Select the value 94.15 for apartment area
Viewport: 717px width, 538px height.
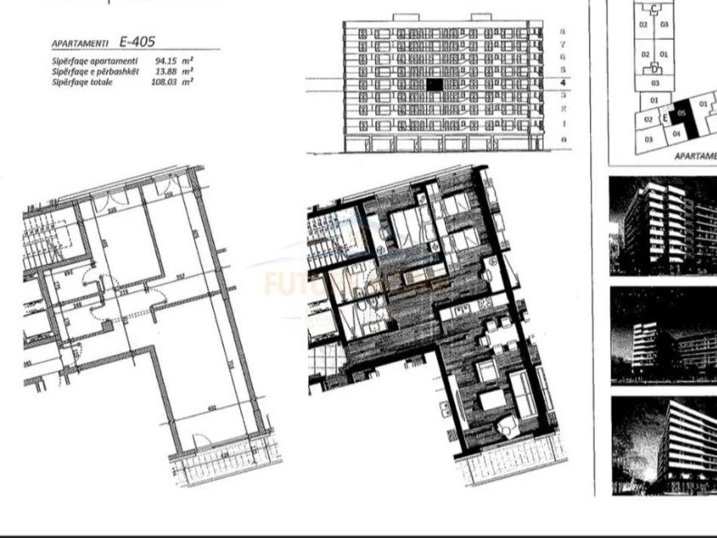pos(165,61)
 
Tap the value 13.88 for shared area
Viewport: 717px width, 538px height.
pos(165,72)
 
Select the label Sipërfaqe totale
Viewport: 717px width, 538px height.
pos(82,81)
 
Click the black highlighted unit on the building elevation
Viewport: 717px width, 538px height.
pos(434,85)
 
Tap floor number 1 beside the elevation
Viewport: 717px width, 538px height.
pos(563,123)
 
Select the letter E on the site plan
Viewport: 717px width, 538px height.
pos(665,118)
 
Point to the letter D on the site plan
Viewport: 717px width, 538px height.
pos(654,69)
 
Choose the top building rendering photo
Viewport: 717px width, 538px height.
pos(663,225)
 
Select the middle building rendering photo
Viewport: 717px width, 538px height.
pos(663,335)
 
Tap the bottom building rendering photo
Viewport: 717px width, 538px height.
pos(663,445)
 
